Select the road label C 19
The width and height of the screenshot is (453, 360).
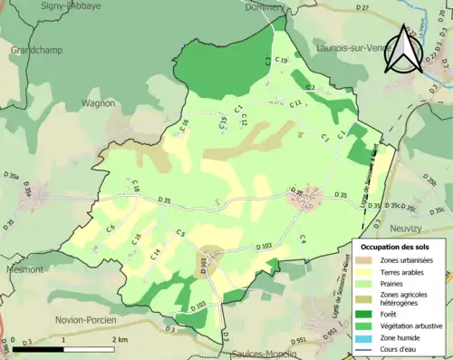tap(281, 61)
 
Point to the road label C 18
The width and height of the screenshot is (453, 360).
tap(136, 187)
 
